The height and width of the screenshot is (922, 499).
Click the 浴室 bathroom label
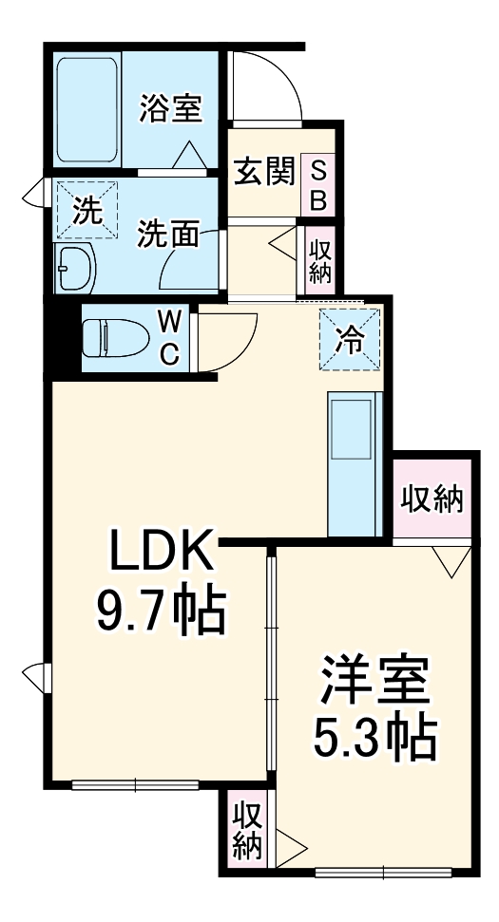tap(171, 107)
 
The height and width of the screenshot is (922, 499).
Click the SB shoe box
tap(319, 185)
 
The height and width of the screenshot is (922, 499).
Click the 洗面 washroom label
tap(168, 235)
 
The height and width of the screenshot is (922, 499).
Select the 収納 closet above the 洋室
tap(432, 498)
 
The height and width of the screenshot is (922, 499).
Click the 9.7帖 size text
tap(159, 612)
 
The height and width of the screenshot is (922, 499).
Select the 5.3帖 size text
tap(374, 737)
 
